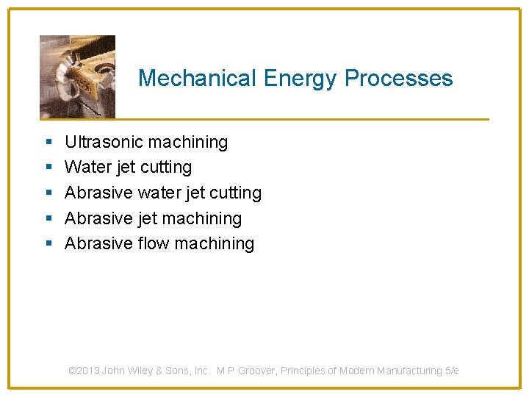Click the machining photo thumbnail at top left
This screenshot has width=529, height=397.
77,76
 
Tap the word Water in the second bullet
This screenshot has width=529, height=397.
87,168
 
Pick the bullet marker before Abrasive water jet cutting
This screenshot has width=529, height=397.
48,193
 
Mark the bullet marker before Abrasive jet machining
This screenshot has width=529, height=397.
48,219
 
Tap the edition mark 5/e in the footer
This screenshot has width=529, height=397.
452,371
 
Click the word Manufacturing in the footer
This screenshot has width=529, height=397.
409,371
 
